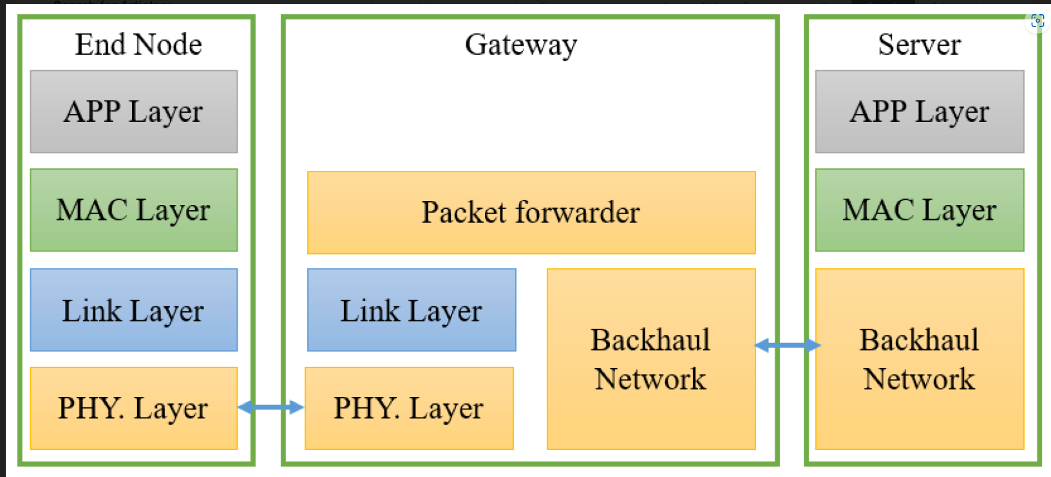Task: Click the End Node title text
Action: pyautogui.click(x=138, y=44)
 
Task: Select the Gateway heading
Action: pyautogui.click(x=521, y=45)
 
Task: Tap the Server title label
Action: pyautogui.click(x=919, y=44)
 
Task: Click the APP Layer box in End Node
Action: pyautogui.click(x=133, y=112)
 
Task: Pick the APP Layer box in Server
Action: pyautogui.click(x=919, y=112)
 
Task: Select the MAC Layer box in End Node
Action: pyautogui.click(x=133, y=210)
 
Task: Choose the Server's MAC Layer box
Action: pyautogui.click(x=919, y=210)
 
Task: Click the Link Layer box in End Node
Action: pyautogui.click(x=133, y=310)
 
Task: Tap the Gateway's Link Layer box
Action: pyautogui.click(x=412, y=310)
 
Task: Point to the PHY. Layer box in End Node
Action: pyautogui.click(x=133, y=408)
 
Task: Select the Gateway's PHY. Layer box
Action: pyautogui.click(x=409, y=408)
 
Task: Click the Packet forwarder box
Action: pyautogui.click(x=531, y=213)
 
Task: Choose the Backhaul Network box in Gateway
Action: pyautogui.click(x=650, y=359)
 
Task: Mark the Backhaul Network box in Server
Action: pyautogui.click(x=919, y=359)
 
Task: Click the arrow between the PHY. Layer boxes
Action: pyautogui.click(x=270, y=407)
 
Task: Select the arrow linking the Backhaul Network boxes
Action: pyautogui.click(x=787, y=346)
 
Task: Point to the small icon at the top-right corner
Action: pyautogui.click(x=1037, y=21)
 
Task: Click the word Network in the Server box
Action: pyautogui.click(x=919, y=379)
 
